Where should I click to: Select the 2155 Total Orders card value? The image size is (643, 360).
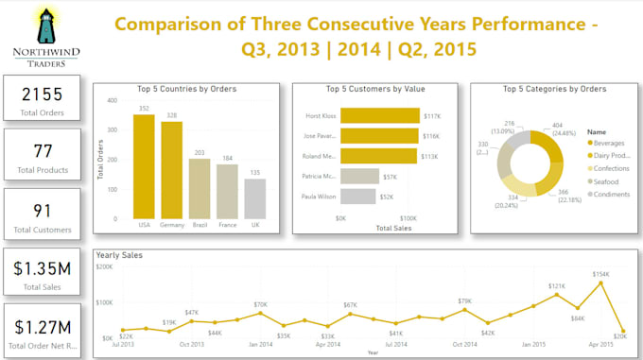click(41, 94)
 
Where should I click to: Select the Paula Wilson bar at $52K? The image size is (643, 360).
click(357, 197)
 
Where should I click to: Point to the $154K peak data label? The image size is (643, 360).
click(601, 274)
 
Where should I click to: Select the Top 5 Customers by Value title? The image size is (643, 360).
click(374, 89)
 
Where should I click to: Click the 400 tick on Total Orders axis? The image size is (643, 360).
click(111, 100)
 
